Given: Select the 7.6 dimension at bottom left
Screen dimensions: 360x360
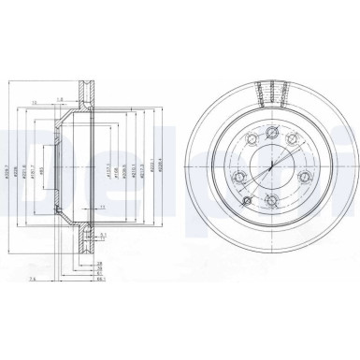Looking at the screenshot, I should click(59, 279).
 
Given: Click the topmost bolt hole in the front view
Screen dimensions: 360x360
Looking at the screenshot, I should click(272, 131).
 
